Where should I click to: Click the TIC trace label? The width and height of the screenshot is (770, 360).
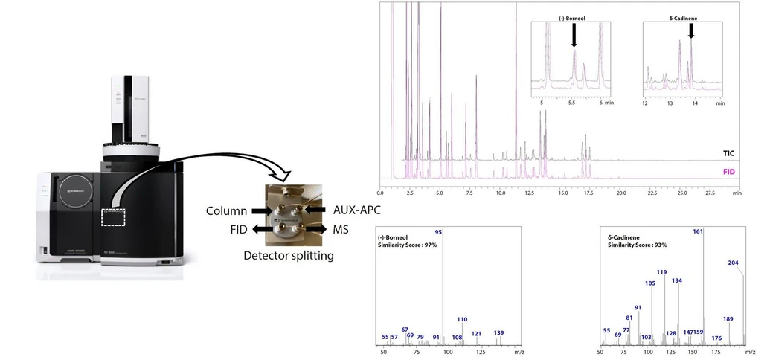pyautogui.click(x=728, y=153)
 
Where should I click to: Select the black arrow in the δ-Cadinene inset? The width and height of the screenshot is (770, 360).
pyautogui.click(x=691, y=30)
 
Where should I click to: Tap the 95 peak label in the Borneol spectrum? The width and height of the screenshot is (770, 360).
pyautogui.click(x=439, y=233)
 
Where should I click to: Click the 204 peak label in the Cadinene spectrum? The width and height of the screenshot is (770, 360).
pyautogui.click(x=734, y=263)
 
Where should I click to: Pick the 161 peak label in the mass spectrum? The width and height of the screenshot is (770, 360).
pyautogui.click(x=698, y=232)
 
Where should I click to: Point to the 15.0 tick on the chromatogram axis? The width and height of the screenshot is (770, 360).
pyautogui.click(x=560, y=192)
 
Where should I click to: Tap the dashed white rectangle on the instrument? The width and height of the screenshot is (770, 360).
pyautogui.click(x=120, y=216)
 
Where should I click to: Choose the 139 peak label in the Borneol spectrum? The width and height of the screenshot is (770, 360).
pyautogui.click(x=498, y=332)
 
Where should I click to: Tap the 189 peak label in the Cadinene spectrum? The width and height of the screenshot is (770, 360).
pyautogui.click(x=728, y=318)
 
